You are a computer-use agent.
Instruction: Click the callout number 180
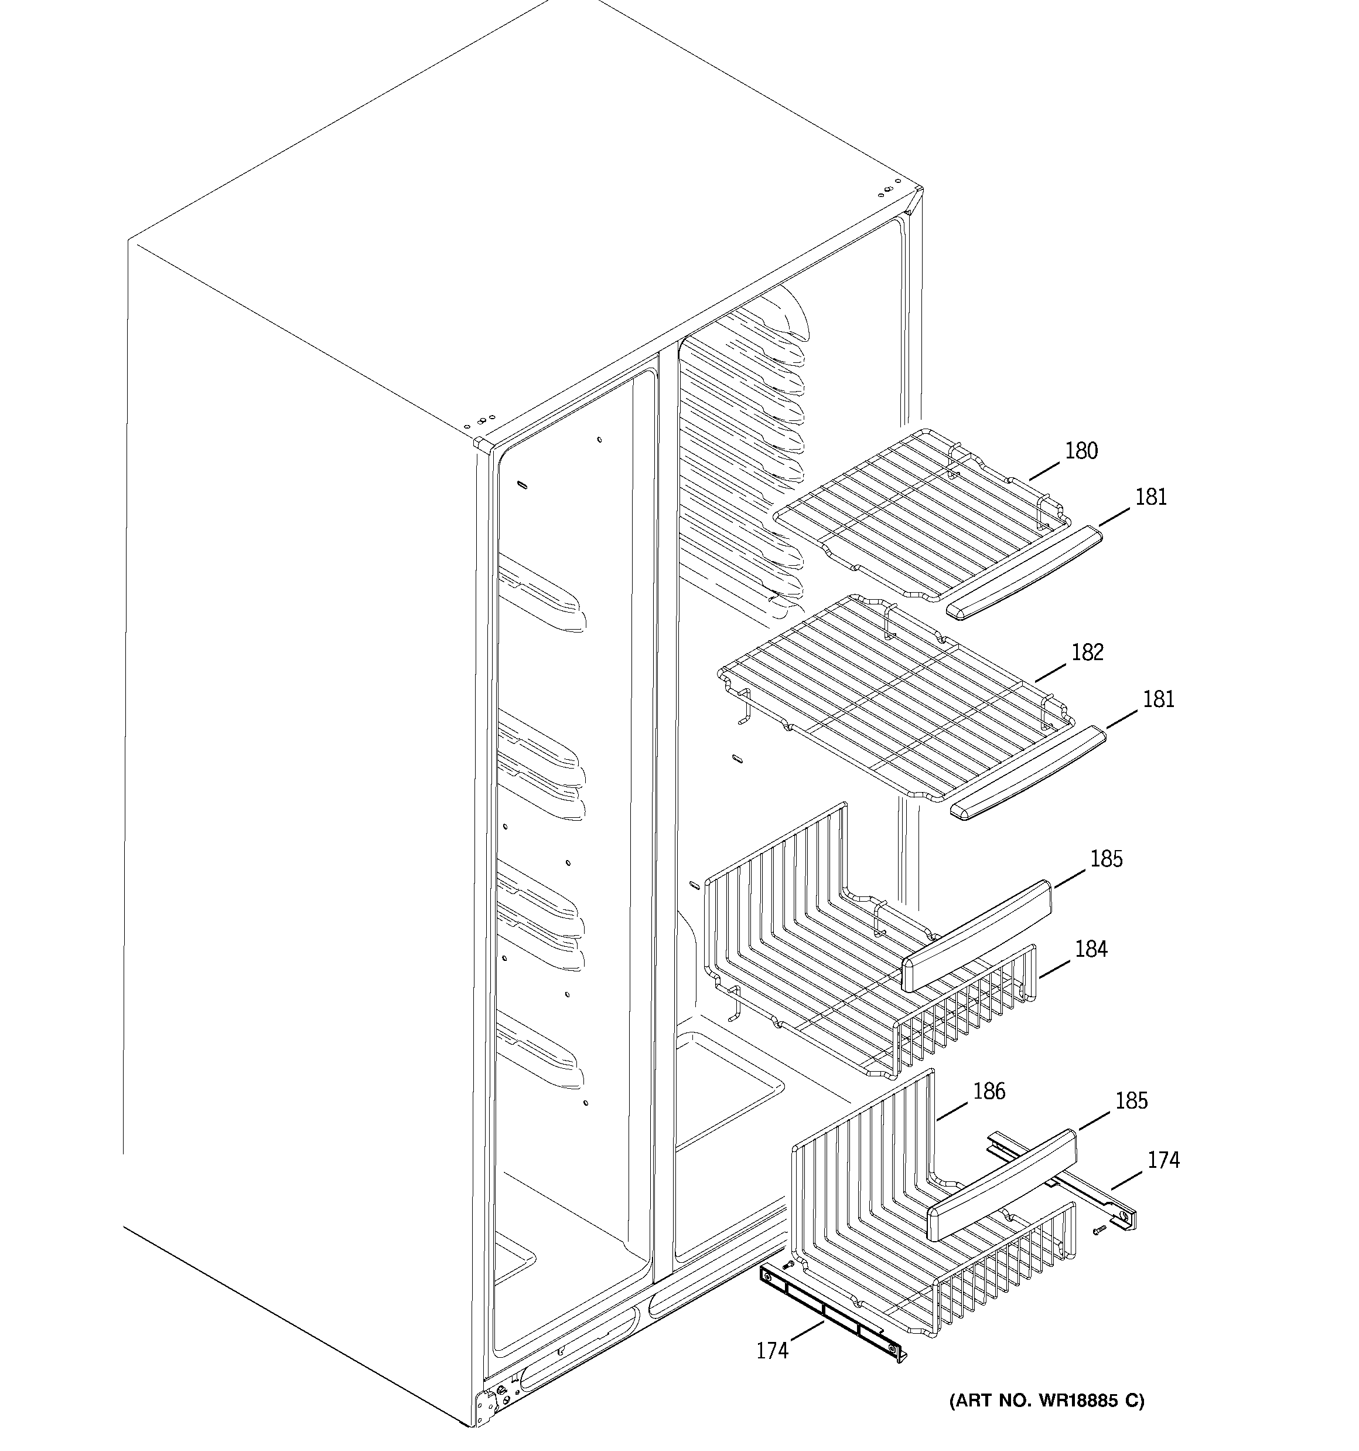pyautogui.click(x=1081, y=451)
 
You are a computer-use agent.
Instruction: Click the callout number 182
pyautogui.click(x=1087, y=653)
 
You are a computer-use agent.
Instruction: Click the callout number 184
pyautogui.click(x=1091, y=949)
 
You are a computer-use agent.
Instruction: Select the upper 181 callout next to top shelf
pyautogui.click(x=1151, y=497)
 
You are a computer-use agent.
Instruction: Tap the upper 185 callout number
pyautogui.click(x=1107, y=859)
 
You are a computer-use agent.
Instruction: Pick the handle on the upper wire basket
pyautogui.click(x=978, y=936)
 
